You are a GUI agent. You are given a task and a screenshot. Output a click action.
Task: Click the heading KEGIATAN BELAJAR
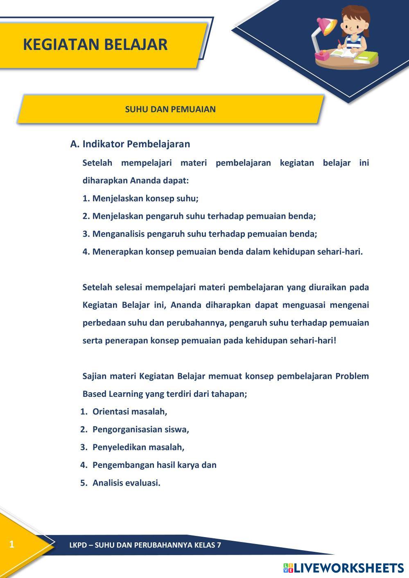coord(95,44)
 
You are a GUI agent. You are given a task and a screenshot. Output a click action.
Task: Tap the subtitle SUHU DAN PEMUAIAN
coord(170,109)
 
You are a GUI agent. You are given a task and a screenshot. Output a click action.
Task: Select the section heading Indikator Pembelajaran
coord(136,144)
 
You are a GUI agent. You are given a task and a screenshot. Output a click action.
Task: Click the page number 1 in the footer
coord(11,544)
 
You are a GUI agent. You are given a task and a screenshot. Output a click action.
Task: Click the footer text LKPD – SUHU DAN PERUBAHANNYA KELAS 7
coord(145,545)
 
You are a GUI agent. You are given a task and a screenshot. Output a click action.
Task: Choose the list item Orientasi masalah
coord(130,412)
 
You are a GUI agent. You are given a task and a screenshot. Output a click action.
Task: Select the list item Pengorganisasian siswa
coord(140,430)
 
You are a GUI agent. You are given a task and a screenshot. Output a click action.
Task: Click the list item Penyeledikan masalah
coord(138,447)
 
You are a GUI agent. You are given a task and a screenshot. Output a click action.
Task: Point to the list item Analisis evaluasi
coord(126,483)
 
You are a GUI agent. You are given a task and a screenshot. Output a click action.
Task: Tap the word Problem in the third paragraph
coord(352,376)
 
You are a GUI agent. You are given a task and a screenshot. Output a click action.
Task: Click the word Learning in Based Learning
coord(125,394)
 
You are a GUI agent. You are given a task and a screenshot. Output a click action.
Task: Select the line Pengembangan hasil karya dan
coord(154,465)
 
